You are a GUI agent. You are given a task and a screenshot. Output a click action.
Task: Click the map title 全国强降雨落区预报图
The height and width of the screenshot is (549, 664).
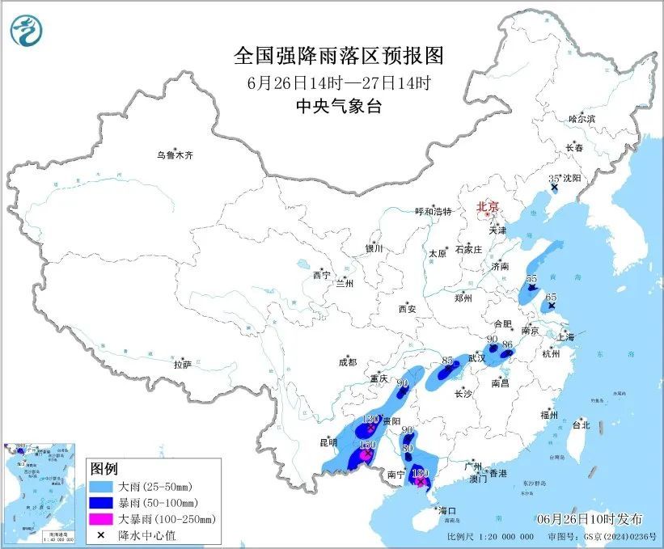pyautogui.click(x=339, y=56)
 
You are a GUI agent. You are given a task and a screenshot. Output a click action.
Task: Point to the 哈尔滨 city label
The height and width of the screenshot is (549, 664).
pyautogui.click(x=581, y=118)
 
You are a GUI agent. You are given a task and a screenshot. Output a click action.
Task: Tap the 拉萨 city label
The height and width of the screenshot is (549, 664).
pyautogui.click(x=182, y=365)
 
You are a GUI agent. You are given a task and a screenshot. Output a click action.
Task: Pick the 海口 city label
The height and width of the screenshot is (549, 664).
pyautogui.click(x=447, y=511)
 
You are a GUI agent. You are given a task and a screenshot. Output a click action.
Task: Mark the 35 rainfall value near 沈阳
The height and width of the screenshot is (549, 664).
pyautogui.click(x=554, y=179)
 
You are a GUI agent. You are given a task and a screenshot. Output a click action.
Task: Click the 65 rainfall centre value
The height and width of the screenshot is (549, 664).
pyautogui.click(x=552, y=298)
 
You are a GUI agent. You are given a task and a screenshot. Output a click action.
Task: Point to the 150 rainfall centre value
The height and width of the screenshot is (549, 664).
pyautogui.click(x=368, y=446)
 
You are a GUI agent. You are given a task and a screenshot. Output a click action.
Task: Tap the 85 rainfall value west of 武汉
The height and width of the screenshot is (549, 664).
pyautogui.click(x=447, y=361)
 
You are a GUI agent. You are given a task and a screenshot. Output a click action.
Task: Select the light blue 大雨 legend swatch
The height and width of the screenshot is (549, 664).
pyautogui.click(x=104, y=487)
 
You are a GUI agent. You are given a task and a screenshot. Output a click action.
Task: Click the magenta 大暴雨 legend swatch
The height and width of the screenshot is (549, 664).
pyautogui.click(x=104, y=518)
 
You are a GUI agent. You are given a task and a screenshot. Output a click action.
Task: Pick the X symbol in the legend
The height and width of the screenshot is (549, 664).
pyautogui.click(x=104, y=534)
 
